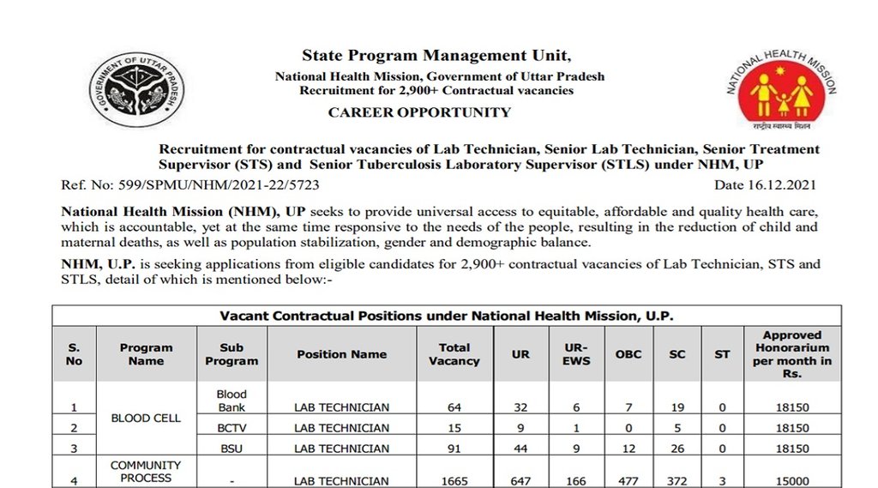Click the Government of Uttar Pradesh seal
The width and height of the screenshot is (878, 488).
coord(136,91)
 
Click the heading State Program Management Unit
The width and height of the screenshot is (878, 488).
coord(436,56)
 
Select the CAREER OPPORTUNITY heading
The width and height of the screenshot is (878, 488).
coord(419,112)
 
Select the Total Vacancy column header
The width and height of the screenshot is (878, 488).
coord(454,354)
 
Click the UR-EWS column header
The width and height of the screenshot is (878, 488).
coord(575,354)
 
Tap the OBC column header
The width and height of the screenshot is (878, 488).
coord(628,354)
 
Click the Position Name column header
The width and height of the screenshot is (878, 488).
coord(341,354)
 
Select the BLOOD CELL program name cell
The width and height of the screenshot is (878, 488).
coord(147,419)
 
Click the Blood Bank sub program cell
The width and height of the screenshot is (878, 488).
coord(232,401)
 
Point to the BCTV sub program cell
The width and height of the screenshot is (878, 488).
coord(232,428)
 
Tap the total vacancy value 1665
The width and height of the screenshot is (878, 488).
coord(454,481)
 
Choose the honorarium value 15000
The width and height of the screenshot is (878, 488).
coord(791,481)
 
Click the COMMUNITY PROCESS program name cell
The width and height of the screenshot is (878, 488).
coord(146,471)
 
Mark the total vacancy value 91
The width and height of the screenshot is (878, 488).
coord(454,449)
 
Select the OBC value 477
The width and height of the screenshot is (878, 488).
coord(628,481)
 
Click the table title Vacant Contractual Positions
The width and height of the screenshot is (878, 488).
coord(447,316)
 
